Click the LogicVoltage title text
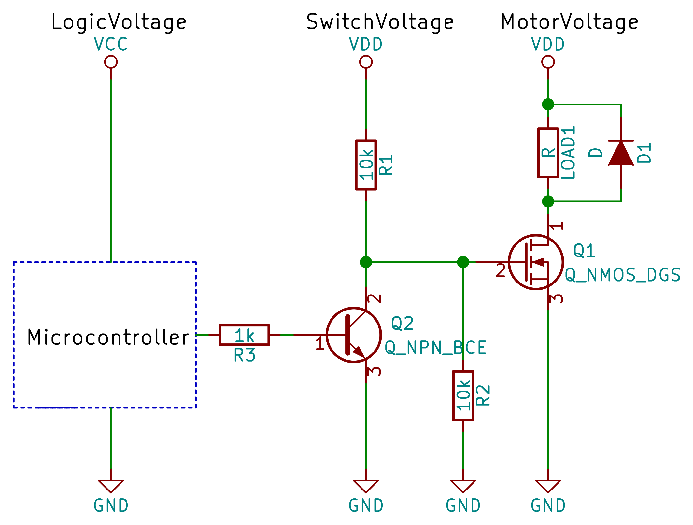pos(119,22)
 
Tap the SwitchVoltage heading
pos(380,22)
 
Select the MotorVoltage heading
pos(569,22)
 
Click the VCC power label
pos(111,44)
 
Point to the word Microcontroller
pos(108,337)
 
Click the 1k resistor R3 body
pos(244,335)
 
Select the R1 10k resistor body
pos(366,165)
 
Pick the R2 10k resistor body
pos(463,395)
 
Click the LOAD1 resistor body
pos(548,153)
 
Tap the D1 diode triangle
pos(621,153)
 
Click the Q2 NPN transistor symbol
pos(354,335)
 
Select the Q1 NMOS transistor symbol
pos(536,262)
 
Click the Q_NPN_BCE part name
pos(435,348)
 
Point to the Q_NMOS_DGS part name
pos(622,275)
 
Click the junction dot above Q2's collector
pos(366,262)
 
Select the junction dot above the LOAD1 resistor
pos(548,104)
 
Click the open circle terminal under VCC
pos(111,62)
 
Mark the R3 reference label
pos(244,355)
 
